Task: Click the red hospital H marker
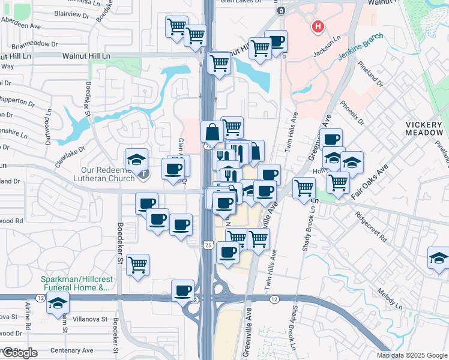318,26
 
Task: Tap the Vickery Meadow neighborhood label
423,128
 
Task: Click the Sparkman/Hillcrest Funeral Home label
75,283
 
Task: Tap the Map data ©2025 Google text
412,355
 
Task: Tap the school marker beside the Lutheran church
136,160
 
